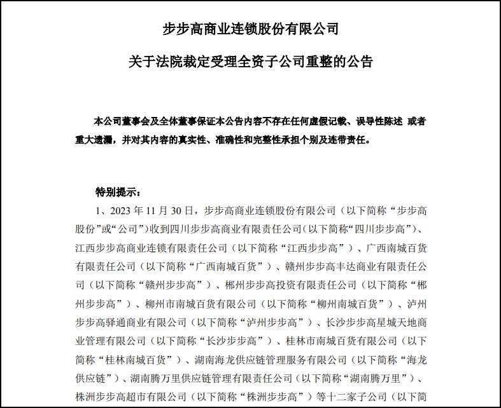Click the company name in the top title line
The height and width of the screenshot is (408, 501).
point(251,29)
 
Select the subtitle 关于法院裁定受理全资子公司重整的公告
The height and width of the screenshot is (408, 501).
point(250,62)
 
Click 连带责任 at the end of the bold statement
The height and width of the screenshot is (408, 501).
point(348,137)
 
